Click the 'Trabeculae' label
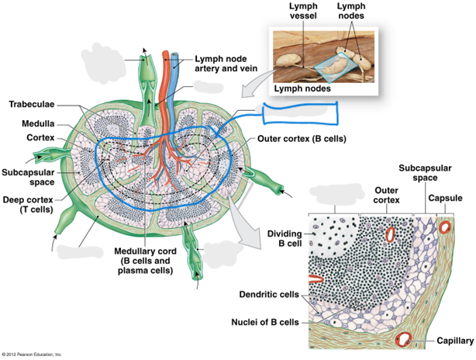pos(32,104)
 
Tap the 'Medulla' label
pos(38,123)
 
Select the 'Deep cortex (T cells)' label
pos(28,205)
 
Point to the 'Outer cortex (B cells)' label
pos(302,139)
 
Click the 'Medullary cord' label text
pos(145,251)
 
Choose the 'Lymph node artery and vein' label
pos(226,64)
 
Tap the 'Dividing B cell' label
pos(285,238)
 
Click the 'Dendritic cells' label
pos(269,294)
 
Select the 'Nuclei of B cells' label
pos(265,322)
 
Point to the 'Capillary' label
pos(455,341)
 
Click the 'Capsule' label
pos(445,198)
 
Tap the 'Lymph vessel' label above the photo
pos(303,11)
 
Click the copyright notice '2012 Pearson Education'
pos(32,355)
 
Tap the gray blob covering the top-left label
pos(102,63)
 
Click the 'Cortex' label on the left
pos(40,137)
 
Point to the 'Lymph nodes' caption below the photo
pos(302,88)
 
